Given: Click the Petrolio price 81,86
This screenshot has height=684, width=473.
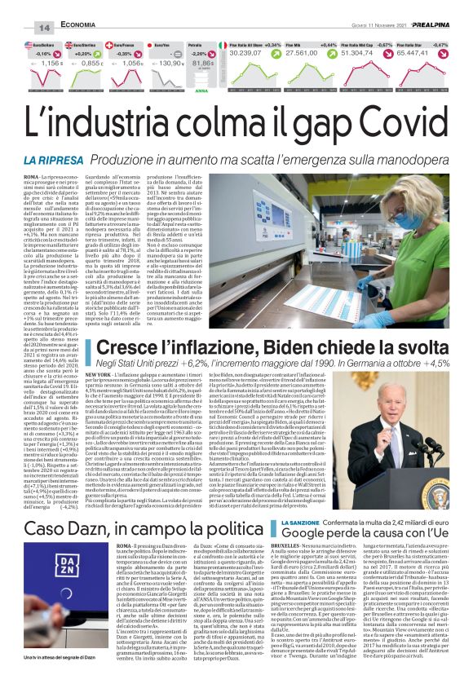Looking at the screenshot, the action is (203, 62).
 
